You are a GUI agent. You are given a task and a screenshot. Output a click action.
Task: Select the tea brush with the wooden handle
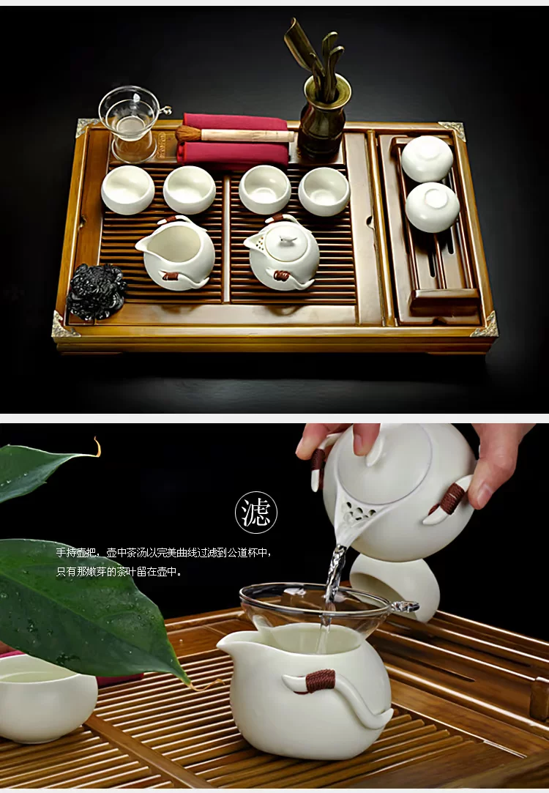[234, 135]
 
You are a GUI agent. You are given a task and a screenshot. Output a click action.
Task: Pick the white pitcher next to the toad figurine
[176, 253]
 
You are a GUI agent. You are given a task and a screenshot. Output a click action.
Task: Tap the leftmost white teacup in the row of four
[128, 189]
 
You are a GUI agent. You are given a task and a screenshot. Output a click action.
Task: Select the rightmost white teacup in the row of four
[324, 191]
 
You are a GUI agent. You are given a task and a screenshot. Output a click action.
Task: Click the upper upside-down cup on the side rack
[427, 158]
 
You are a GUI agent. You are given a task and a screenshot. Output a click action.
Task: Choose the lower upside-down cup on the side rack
[432, 206]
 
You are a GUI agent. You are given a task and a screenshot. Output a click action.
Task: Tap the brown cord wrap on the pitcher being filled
[320, 681]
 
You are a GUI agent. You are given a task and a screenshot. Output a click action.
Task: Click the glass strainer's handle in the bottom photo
[405, 606]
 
